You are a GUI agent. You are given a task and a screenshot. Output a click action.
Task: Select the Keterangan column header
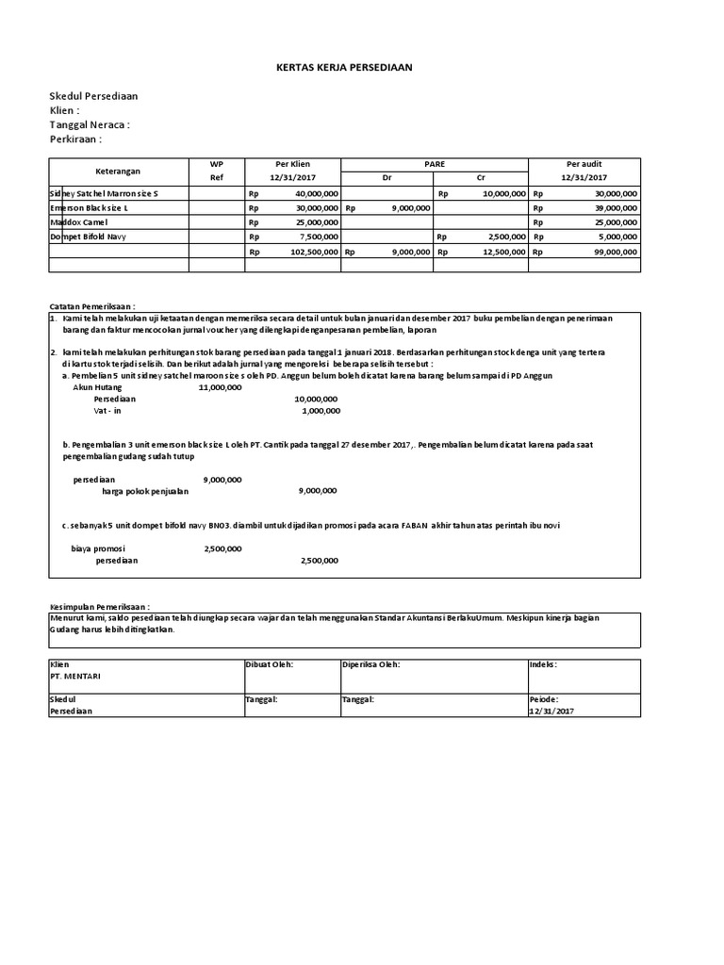[118, 171]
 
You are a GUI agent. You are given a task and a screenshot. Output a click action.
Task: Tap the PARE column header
[434, 163]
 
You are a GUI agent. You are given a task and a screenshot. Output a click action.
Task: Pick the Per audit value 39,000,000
[610, 207]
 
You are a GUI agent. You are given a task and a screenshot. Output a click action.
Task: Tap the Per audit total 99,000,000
[610, 252]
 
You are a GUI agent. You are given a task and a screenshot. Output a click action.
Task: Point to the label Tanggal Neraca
[90, 124]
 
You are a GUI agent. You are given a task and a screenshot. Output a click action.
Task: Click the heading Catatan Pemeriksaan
[92, 307]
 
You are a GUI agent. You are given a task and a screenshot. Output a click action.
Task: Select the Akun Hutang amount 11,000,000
[220, 386]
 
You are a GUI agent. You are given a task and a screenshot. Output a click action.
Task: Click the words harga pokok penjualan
[145, 491]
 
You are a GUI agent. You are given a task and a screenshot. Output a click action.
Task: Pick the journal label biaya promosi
[99, 548]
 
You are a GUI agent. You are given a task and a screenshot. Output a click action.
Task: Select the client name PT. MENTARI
[75, 676]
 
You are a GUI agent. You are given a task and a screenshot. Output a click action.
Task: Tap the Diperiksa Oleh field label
[371, 664]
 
